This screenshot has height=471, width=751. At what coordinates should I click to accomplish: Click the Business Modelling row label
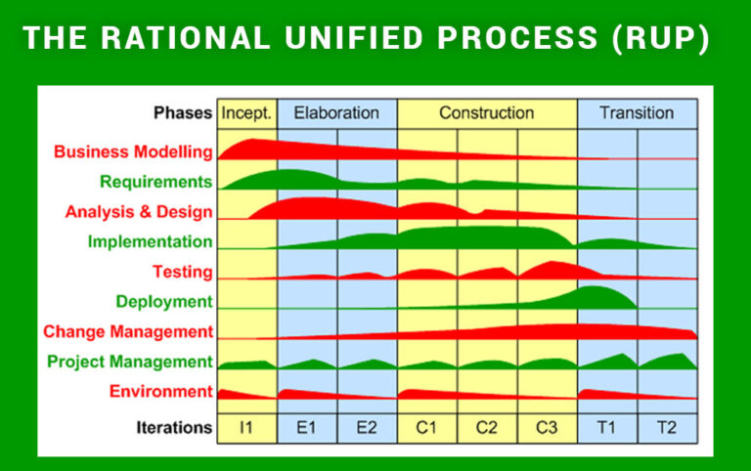[x=133, y=151]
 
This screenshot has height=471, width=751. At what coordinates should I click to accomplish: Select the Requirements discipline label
[x=155, y=182]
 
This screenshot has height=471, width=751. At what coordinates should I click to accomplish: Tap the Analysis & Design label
[x=139, y=211]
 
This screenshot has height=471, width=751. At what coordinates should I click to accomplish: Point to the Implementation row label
[x=150, y=241]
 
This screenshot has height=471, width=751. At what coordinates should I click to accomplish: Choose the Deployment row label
[x=163, y=302]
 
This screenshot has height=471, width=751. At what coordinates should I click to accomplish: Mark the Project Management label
[x=130, y=363]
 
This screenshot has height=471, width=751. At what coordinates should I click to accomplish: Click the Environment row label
[x=160, y=392]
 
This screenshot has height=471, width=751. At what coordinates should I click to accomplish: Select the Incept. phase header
[x=246, y=112]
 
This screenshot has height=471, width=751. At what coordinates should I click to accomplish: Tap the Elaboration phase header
[x=336, y=112]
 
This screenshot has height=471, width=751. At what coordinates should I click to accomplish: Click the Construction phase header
[x=486, y=112]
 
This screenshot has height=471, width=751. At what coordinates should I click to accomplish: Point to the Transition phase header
[x=637, y=112]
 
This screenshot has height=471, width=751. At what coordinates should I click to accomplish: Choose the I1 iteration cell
[x=246, y=427]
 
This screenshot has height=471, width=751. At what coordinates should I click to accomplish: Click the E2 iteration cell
[x=367, y=427]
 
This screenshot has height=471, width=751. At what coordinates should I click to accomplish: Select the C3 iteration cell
[x=547, y=427]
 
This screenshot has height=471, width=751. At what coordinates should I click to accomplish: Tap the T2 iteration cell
[x=667, y=427]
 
